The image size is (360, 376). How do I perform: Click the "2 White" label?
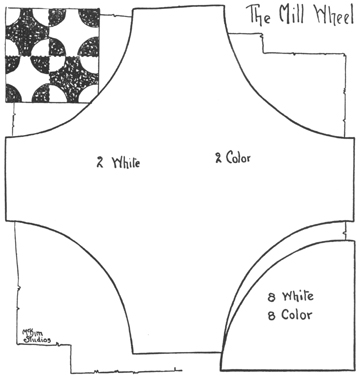(x=118, y=160)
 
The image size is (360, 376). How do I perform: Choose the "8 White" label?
(x=291, y=297)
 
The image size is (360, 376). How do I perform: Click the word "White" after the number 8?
(x=298, y=297)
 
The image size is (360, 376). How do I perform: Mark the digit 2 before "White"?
(x=99, y=160)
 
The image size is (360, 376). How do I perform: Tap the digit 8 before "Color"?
(x=271, y=315)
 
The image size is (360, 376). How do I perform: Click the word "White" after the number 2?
(x=125, y=160)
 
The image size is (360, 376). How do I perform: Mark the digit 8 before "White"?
(x=272, y=297)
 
